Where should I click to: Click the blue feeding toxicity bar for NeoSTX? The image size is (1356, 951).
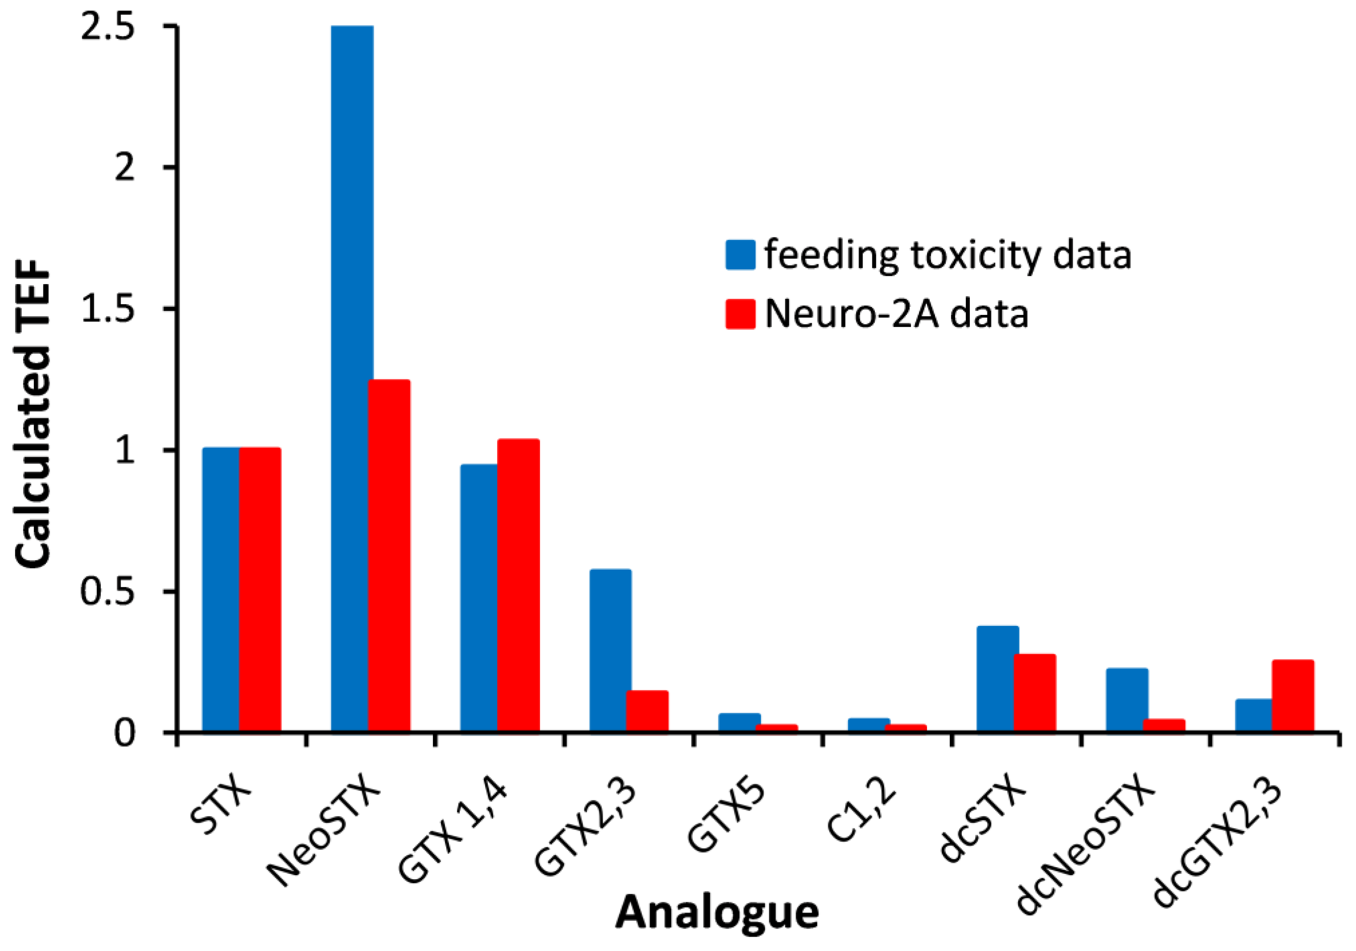tap(352, 378)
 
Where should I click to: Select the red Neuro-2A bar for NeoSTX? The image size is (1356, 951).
tap(389, 555)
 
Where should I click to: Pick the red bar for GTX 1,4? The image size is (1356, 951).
tap(518, 585)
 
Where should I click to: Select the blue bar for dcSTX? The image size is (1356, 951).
tap(997, 679)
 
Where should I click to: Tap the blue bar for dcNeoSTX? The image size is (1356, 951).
tap(1127, 700)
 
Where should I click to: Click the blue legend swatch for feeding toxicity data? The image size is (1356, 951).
tap(740, 255)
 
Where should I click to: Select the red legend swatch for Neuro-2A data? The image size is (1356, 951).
tap(740, 314)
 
